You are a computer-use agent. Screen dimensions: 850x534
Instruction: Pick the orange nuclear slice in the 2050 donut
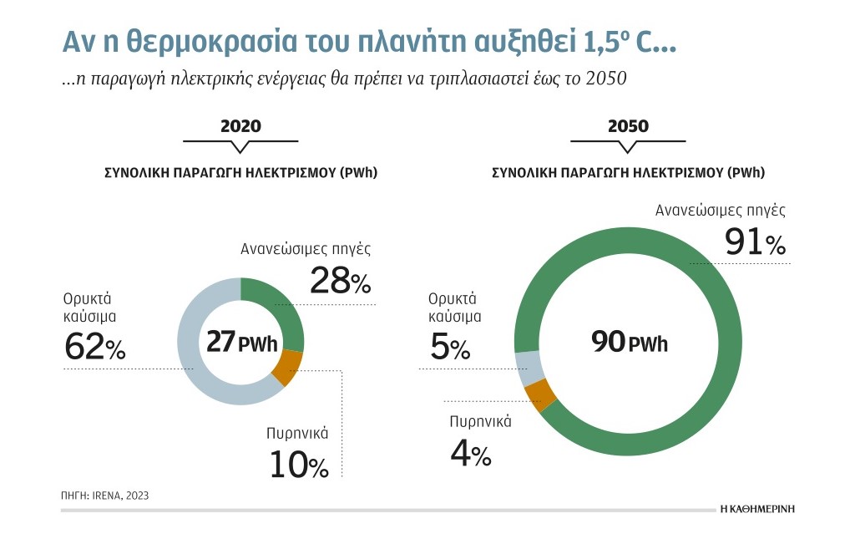pyautogui.click(x=540, y=394)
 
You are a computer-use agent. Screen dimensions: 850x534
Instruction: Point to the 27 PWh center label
pyautogui.click(x=242, y=342)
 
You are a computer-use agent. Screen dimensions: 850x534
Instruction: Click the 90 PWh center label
pyautogui.click(x=630, y=342)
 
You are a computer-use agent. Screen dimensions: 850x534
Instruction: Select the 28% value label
pyautogui.click(x=341, y=281)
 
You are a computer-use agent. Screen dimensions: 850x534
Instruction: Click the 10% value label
pyautogui.click(x=299, y=465)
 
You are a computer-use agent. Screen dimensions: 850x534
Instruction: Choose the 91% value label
pyautogui.click(x=755, y=242)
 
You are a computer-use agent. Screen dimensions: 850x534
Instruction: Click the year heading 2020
pyautogui.click(x=240, y=126)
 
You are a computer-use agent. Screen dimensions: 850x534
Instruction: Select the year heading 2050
pyautogui.click(x=628, y=126)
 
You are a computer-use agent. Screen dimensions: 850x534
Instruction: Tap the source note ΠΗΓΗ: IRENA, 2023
pyautogui.click(x=104, y=496)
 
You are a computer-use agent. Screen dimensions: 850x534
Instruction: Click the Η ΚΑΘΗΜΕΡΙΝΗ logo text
pyautogui.click(x=757, y=508)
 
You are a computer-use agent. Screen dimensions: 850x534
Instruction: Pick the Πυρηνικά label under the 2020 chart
pyautogui.click(x=297, y=434)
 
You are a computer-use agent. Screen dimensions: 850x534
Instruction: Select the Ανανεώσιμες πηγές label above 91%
pyautogui.click(x=720, y=211)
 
